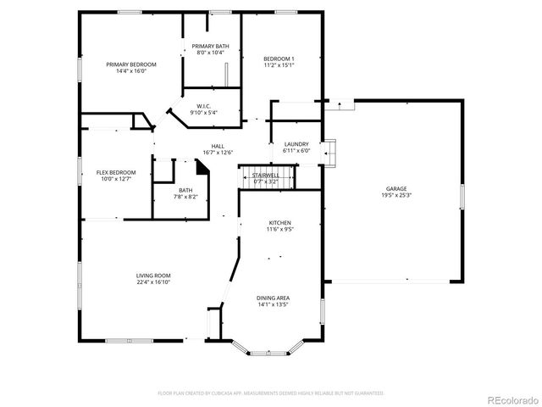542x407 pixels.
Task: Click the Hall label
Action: click(x=218, y=146)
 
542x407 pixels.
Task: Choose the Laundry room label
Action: click(x=296, y=144)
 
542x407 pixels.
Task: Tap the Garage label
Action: click(x=396, y=188)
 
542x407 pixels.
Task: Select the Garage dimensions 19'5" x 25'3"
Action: click(x=396, y=195)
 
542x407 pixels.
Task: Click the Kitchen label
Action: click(x=279, y=221)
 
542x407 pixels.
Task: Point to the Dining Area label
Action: click(x=273, y=298)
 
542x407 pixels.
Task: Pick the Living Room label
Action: click(x=154, y=276)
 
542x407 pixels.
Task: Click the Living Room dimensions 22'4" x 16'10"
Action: click(x=154, y=282)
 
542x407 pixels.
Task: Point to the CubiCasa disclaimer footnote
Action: click(x=271, y=393)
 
